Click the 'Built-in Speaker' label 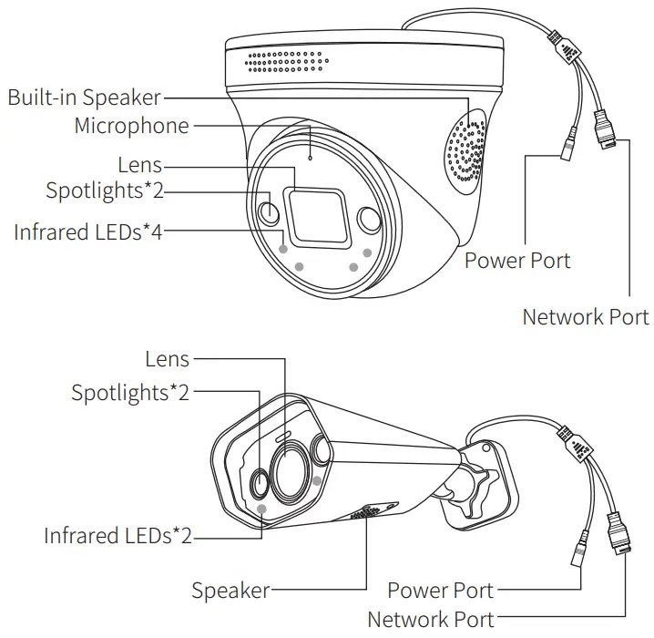[x=84, y=97]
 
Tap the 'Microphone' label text [x=131, y=125]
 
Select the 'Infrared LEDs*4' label [x=87, y=232]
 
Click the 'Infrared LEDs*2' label [x=118, y=535]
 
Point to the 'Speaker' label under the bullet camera [x=230, y=590]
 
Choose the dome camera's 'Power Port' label [x=517, y=261]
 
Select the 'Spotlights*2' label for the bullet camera [x=130, y=393]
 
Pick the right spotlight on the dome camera [x=369, y=220]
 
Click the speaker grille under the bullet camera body [x=365, y=514]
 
